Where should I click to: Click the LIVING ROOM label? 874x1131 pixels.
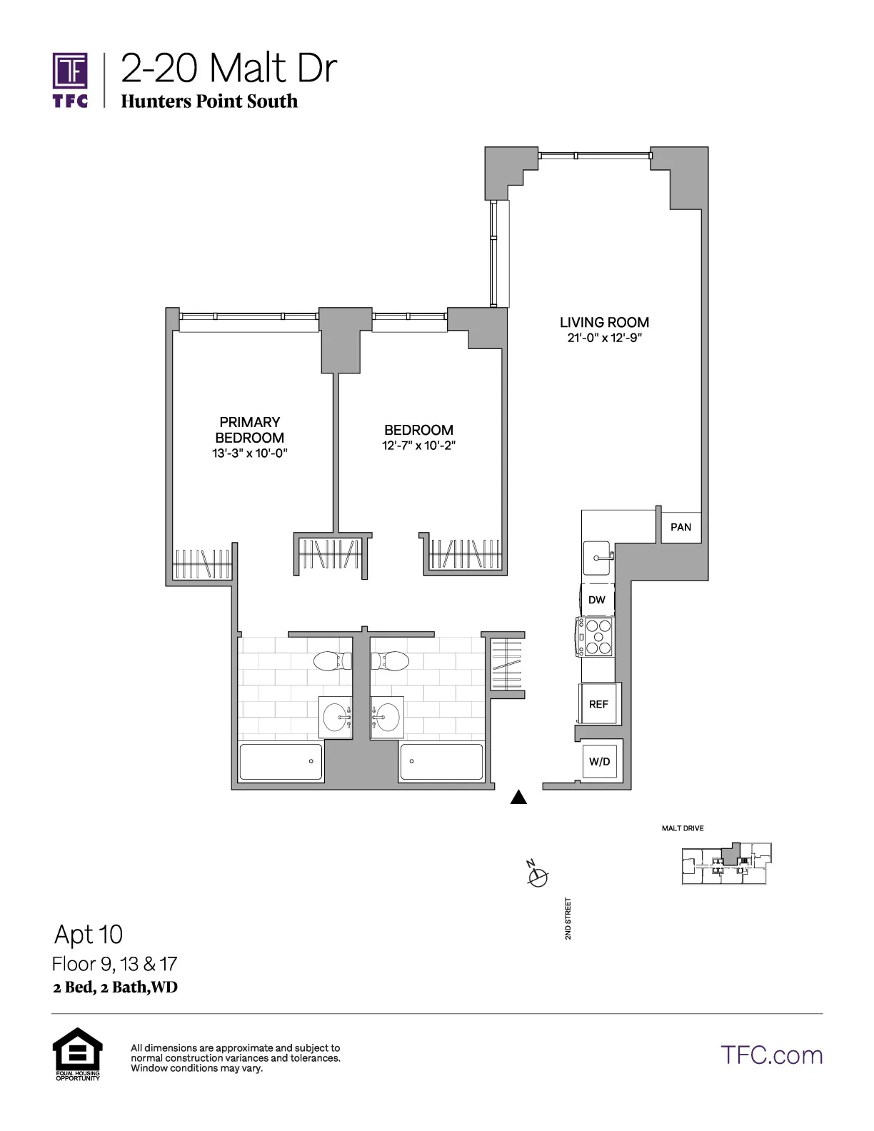[604, 323]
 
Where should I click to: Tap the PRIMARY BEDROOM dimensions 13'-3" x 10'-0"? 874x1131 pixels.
[249, 453]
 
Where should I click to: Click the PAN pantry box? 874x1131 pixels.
[680, 527]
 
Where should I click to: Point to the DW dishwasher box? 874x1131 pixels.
[597, 600]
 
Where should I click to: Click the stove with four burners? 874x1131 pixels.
[596, 636]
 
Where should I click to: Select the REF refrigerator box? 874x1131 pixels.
[598, 704]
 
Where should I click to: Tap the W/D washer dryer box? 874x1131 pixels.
[600, 762]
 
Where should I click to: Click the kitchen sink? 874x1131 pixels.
[597, 558]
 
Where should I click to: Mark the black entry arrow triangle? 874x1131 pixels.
[518, 798]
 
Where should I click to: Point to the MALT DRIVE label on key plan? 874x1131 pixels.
[683, 828]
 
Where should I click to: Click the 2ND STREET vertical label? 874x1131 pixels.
[568, 918]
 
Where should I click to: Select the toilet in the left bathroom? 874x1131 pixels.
[333, 661]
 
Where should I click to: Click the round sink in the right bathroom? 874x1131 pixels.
[388, 717]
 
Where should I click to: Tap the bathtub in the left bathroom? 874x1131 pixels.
[281, 762]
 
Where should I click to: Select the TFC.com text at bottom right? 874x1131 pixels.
[771, 1055]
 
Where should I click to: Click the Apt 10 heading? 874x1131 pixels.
[89, 934]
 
